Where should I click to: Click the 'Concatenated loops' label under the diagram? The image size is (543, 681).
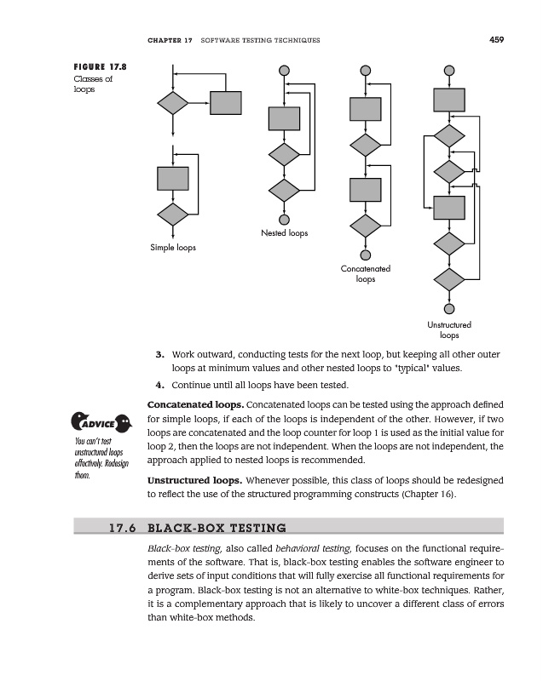(x=366, y=273)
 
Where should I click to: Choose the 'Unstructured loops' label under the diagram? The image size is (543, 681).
(x=449, y=329)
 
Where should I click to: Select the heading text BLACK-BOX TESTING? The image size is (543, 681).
(x=217, y=527)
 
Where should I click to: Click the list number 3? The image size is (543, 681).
(x=159, y=354)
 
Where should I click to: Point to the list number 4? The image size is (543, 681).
(x=159, y=385)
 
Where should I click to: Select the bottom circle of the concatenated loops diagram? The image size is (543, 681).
(x=366, y=255)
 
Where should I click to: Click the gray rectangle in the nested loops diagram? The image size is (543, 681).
(x=284, y=118)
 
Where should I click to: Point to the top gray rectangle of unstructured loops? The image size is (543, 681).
(x=449, y=100)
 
